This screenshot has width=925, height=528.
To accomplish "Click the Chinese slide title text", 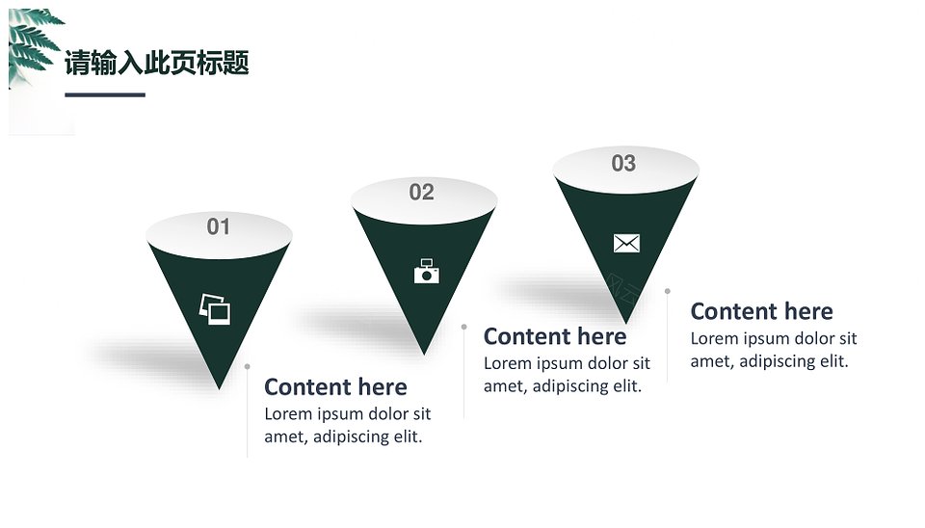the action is pos(156,63).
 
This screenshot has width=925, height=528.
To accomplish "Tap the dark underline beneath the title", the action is pos(105,94).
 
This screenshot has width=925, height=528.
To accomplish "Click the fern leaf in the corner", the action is pos(33,44).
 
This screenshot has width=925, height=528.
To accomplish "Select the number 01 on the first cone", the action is pos(219,226).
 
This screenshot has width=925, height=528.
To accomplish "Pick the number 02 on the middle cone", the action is pos(421,193).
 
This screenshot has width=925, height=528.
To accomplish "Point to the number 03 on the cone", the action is pos(623,164).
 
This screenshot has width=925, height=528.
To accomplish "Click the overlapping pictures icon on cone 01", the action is pos(215,309).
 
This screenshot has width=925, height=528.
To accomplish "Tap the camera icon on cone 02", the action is pos(427,271).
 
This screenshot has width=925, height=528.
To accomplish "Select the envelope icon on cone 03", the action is pos(626,243).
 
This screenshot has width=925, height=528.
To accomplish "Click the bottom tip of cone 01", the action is pos(219,388).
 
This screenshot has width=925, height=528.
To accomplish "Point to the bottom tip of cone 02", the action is pos(424,354).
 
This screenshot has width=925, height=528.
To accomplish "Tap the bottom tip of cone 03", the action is pos(626,322).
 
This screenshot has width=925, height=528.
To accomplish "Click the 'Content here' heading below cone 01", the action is pos(335,387).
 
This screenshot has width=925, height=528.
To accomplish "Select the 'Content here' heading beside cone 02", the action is pos(555,336).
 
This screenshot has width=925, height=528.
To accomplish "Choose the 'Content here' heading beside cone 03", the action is pos(761,311).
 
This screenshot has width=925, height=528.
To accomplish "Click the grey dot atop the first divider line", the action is pos(248,367).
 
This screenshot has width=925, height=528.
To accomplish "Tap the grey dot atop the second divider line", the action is pos(464,327).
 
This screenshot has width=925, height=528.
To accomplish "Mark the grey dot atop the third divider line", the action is pos(667,291).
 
